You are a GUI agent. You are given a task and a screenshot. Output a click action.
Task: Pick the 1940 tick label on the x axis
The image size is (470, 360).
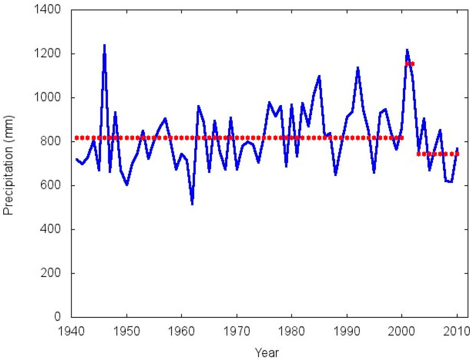coord(72,331)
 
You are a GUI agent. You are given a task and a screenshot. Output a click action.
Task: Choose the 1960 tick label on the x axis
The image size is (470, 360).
coord(182,331)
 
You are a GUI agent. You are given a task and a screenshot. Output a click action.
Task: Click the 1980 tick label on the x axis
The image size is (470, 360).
coord(292,331)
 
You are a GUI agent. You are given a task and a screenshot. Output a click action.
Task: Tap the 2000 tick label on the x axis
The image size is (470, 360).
coord(402,331)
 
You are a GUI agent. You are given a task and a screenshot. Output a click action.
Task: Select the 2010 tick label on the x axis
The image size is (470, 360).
coord(457,331)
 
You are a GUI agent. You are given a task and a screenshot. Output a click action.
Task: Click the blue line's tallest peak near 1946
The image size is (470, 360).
coord(105,46)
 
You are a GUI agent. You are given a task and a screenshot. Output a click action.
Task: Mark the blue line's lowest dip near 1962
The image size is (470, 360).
coord(192,204)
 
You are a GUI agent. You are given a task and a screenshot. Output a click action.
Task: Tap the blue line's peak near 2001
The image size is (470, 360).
coord(407,50)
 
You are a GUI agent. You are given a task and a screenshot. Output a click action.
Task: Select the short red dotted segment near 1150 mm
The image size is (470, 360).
coord(410,64)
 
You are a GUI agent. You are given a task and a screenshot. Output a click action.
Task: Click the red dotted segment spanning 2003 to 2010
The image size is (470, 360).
coord(438,154)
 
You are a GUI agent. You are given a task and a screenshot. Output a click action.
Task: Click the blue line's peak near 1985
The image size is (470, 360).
coord(319,77)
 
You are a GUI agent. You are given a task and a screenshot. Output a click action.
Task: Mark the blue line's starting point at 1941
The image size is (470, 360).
coord(77,159)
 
